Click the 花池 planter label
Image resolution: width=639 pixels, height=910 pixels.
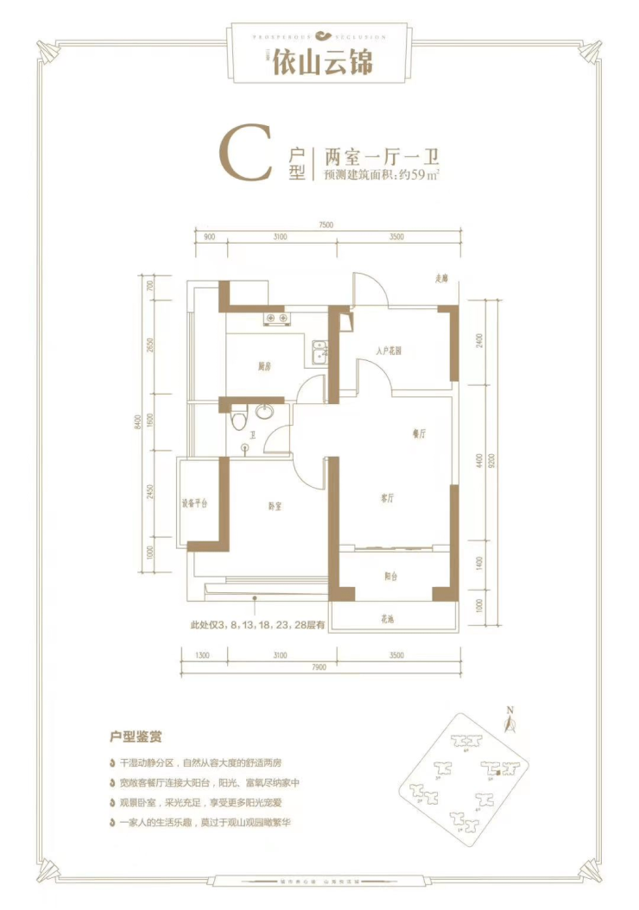pyautogui.click(x=386, y=618)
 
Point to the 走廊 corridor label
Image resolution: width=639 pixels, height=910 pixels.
pyautogui.click(x=442, y=278)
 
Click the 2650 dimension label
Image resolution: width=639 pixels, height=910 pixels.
pyautogui.click(x=149, y=346)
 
